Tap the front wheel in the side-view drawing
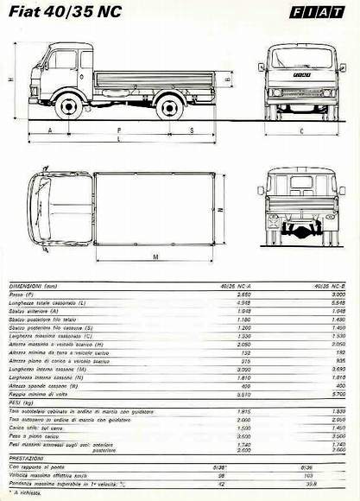68,106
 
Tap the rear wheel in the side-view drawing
169,106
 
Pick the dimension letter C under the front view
301,131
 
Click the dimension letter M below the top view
155,257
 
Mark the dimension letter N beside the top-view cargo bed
221,209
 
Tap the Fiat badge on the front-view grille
301,78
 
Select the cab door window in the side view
64,60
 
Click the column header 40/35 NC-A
237,284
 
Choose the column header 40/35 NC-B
331,284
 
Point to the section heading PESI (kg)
22,403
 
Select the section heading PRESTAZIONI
28,458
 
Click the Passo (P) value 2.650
243,295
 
